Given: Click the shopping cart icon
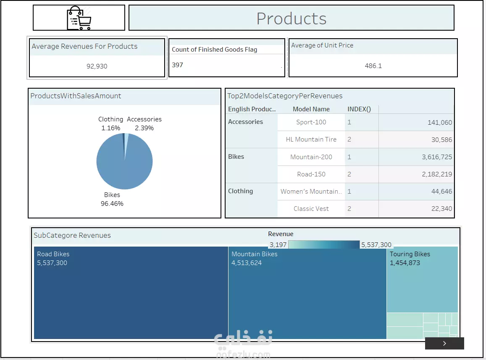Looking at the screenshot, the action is point(79,18).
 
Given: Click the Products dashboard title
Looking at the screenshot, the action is point(292,18).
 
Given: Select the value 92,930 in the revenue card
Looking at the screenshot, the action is point(97,66).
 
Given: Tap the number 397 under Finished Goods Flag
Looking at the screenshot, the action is point(177,65).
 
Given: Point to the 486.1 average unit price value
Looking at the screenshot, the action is point(373,66).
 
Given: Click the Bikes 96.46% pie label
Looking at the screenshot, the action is point(112,199).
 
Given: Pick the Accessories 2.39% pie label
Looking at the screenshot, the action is point(144,124).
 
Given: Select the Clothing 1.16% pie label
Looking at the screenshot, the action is point(110,124).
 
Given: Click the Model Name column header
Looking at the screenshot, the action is point(311,109).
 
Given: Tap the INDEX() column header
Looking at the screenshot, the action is point(359,109).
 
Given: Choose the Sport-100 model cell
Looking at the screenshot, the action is point(311,122).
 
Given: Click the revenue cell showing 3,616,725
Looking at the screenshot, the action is point(437,157).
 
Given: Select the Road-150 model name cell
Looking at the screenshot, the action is point(311,174).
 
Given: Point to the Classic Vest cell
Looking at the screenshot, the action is point(311,209).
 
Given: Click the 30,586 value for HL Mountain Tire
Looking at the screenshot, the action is point(441,140).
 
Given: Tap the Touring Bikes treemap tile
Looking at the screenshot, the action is point(422,279).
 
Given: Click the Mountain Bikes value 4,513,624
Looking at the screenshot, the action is point(247,263).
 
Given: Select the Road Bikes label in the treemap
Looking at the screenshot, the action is point(53,254).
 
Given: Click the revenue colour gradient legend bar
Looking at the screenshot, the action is point(324,244).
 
